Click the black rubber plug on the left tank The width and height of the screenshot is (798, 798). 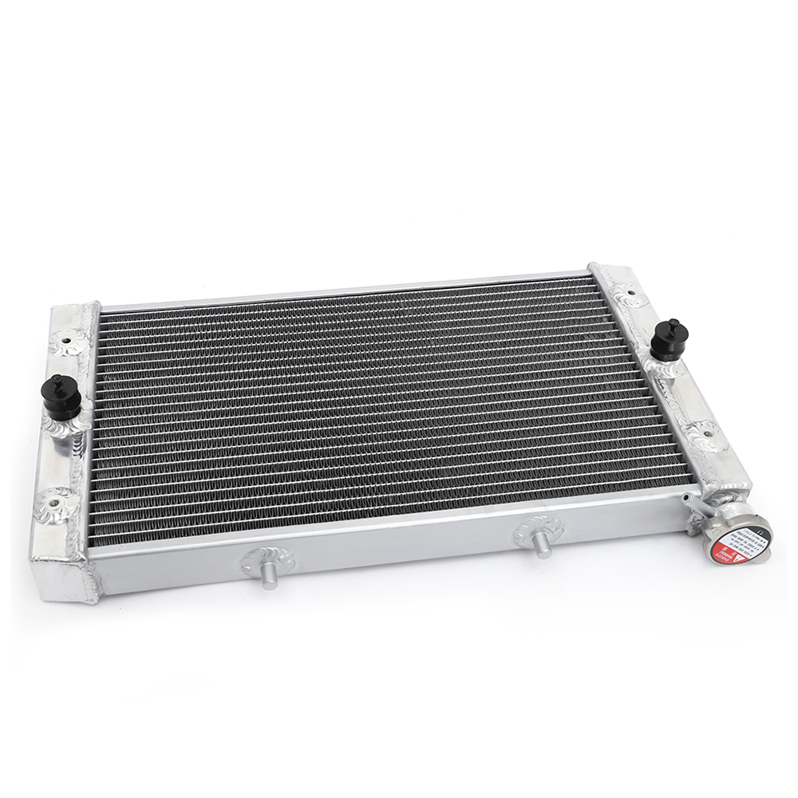coord(61,398)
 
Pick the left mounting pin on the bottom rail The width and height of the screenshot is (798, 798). coord(269,576)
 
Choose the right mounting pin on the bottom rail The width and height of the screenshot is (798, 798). coord(542,543)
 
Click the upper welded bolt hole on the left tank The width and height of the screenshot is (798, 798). coord(67,344)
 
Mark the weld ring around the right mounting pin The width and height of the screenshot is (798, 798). coord(539,527)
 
